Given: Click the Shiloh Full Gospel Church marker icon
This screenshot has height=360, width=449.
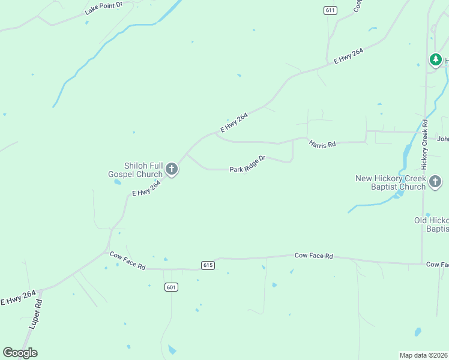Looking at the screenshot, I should coord(171,169).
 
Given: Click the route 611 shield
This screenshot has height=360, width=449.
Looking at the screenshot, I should coord(330,10).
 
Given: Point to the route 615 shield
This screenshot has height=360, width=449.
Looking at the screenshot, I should coord(208,265).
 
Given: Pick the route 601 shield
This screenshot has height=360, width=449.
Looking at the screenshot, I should coord(172,287).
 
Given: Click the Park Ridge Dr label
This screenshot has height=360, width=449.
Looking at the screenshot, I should coord(247,164).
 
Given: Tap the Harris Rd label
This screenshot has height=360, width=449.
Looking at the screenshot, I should coord(322,144).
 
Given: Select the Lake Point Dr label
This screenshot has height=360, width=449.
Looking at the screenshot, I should coord(103,8).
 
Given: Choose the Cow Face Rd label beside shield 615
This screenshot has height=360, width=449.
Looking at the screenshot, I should coord(313,256).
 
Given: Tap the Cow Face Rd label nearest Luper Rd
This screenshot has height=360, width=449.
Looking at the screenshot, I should coord(127,260).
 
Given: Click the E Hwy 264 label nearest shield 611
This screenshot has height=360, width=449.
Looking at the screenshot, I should coord(349,56).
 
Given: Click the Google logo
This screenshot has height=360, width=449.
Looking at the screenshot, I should coord(20,352).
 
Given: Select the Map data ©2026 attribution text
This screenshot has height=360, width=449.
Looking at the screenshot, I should coord(423,355).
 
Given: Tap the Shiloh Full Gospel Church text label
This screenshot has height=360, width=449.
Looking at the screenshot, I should coord(135,170).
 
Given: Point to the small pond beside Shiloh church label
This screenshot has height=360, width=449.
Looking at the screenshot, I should coord(118,181).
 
